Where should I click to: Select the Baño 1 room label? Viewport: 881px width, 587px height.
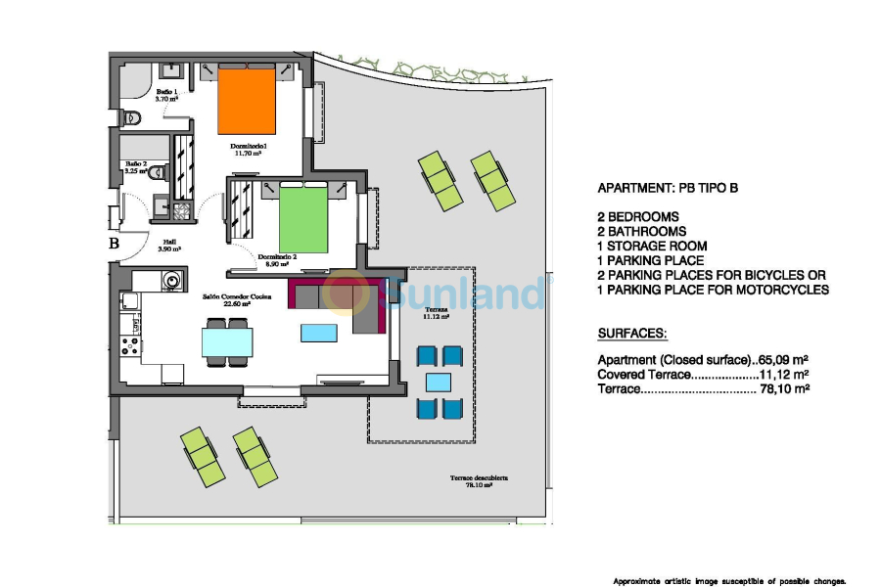pyautogui.click(x=166, y=94)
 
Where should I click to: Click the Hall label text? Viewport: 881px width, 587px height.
pyautogui.click(x=169, y=245)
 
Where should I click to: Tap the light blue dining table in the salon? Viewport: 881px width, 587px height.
pyautogui.click(x=227, y=341)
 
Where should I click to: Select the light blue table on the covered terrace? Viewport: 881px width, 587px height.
pyautogui.click(x=439, y=381)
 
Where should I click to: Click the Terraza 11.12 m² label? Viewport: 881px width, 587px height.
pyautogui.click(x=436, y=314)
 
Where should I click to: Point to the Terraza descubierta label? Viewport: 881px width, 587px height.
pyautogui.click(x=479, y=480)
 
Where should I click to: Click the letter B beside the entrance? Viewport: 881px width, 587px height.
pyautogui.click(x=114, y=244)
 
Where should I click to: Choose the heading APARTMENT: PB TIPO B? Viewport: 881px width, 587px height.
pyautogui.click(x=668, y=189)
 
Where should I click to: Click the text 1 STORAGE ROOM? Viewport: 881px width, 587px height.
pyautogui.click(x=652, y=247)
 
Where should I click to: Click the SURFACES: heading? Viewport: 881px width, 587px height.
pyautogui.click(x=632, y=333)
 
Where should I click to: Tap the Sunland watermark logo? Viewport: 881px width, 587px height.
pyautogui.click(x=440, y=293)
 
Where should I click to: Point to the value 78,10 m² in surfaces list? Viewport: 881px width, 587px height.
pyautogui.click(x=785, y=388)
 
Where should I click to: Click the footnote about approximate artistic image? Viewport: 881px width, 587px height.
pyautogui.click(x=729, y=580)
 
